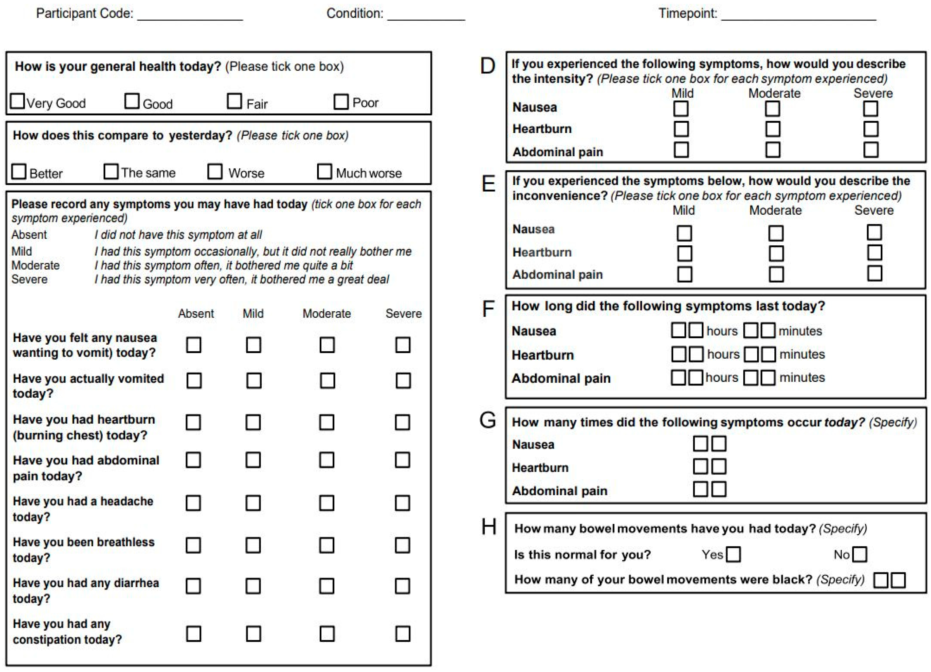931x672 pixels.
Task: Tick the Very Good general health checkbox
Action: pyautogui.click(x=17, y=101)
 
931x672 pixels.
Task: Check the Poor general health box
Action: pyautogui.click(x=341, y=101)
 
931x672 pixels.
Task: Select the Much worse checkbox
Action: pyautogui.click(x=324, y=172)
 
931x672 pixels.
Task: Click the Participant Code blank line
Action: pyautogui.click(x=190, y=16)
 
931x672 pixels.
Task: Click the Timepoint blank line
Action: pyautogui.click(x=798, y=16)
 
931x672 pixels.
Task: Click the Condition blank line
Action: pyautogui.click(x=426, y=16)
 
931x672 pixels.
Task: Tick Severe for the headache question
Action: pyautogui.click(x=402, y=503)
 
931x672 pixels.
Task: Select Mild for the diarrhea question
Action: pyautogui.click(x=253, y=586)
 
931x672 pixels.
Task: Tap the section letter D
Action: pyautogui.click(x=488, y=66)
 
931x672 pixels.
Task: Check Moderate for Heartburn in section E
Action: pyautogui.click(x=776, y=253)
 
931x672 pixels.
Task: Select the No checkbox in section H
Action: pyautogui.click(x=860, y=554)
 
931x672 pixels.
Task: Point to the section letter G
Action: pyautogui.click(x=488, y=420)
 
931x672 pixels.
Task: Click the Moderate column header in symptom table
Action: pyautogui.click(x=327, y=314)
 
